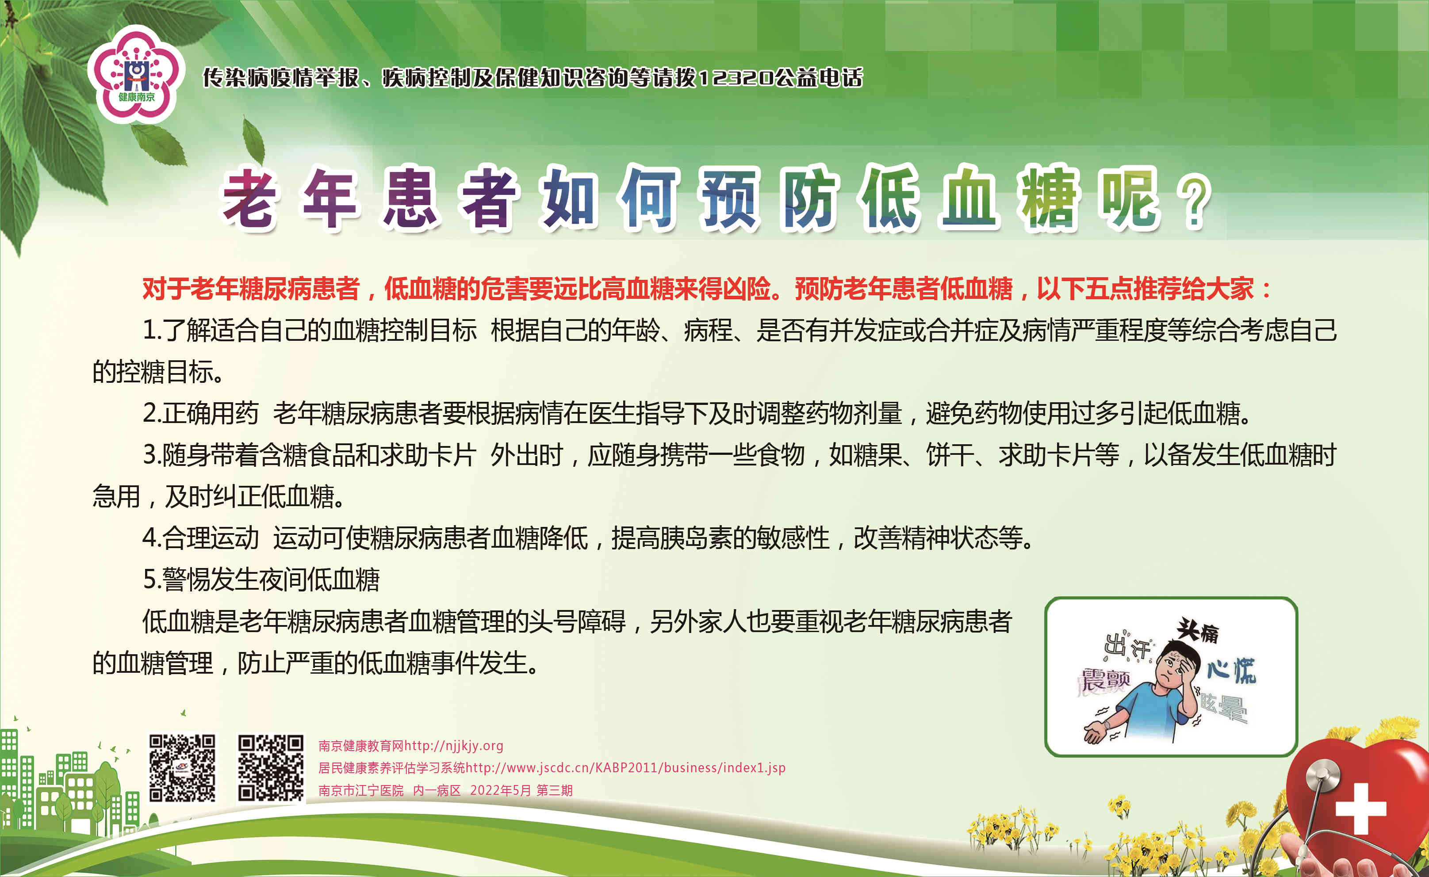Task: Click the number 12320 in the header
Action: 735,77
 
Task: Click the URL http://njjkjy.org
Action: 454,745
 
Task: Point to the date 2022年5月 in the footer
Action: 500,790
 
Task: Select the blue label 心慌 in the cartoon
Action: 1231,671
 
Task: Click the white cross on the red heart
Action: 1360,808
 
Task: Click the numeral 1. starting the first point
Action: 152,330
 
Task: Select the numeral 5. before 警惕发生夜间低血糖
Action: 152,580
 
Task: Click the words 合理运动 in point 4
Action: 210,538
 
